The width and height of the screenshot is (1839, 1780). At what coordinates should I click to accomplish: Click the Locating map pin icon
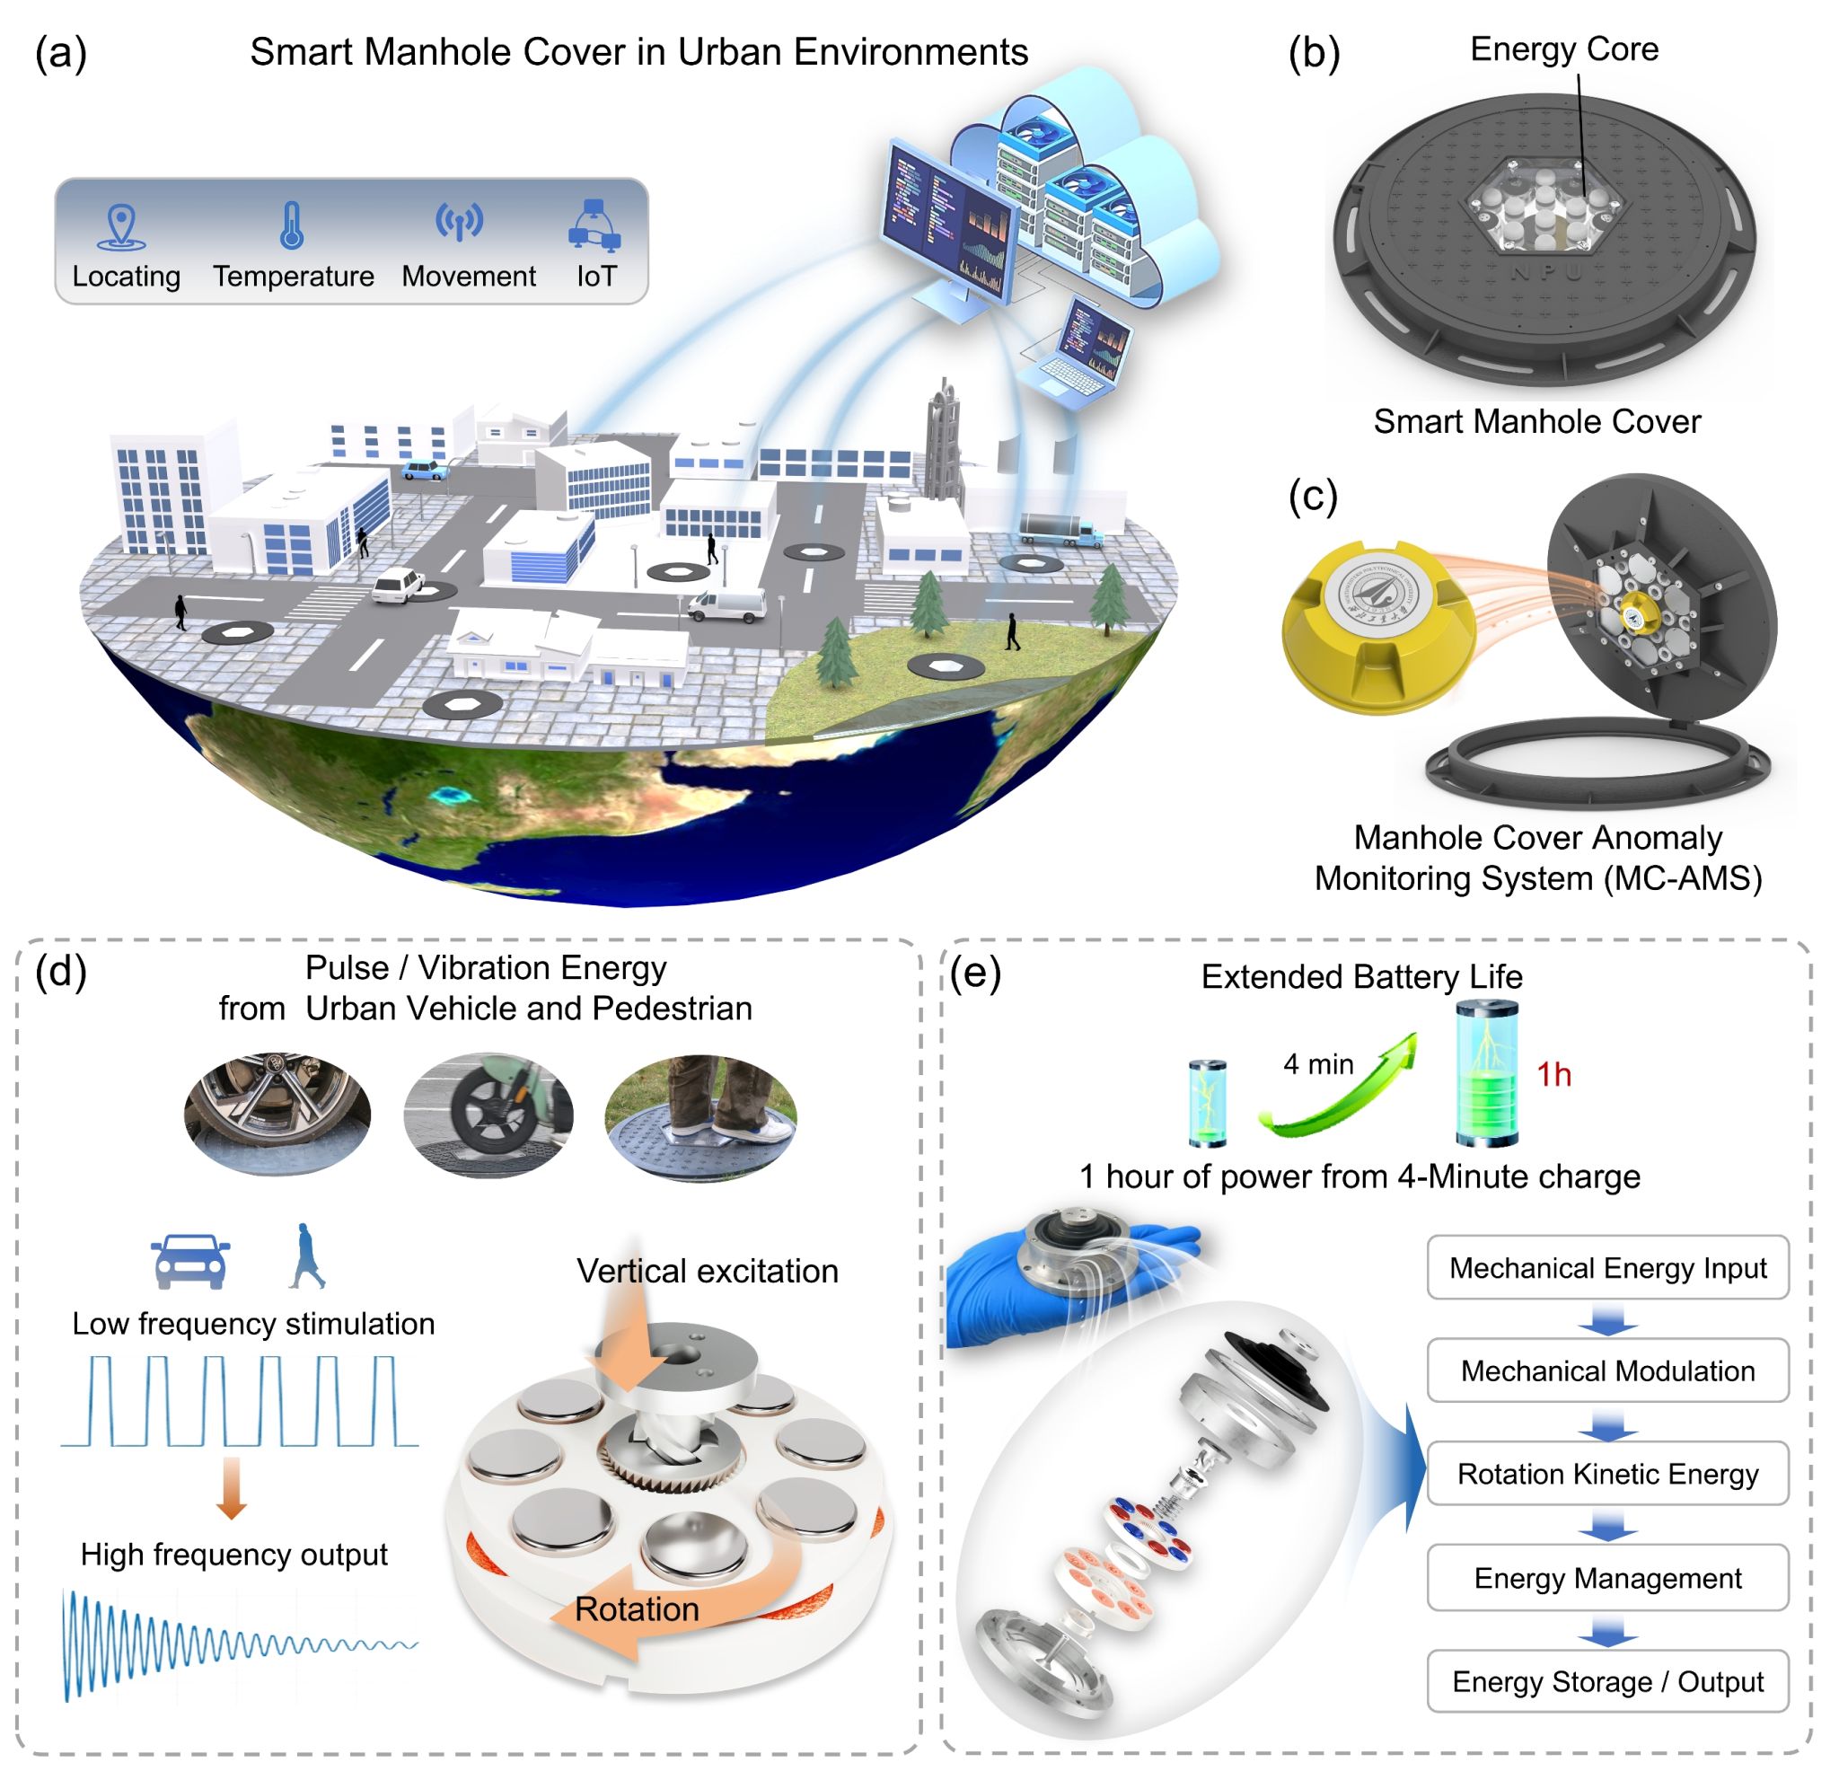pyautogui.click(x=122, y=228)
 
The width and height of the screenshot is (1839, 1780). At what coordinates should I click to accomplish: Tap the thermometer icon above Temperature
pyautogui.click(x=293, y=226)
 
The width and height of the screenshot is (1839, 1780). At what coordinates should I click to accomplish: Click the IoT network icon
pyautogui.click(x=594, y=226)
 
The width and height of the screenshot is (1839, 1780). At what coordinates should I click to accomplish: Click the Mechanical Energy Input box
pyautogui.click(x=1608, y=1268)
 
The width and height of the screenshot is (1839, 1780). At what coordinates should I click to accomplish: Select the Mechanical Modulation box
pyautogui.click(x=1608, y=1370)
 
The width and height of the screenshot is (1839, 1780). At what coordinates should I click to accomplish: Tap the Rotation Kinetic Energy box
pyautogui.click(x=1608, y=1474)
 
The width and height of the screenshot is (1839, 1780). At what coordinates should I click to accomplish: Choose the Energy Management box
pyautogui.click(x=1608, y=1578)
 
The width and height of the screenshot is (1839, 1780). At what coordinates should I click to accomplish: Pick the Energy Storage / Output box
pyautogui.click(x=1608, y=1681)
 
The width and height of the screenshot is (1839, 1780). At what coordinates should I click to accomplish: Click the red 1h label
pyautogui.click(x=1553, y=1074)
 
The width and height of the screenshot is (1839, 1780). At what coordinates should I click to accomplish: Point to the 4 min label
pyautogui.click(x=1318, y=1064)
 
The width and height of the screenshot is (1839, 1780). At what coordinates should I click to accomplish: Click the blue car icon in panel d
pyautogui.click(x=190, y=1261)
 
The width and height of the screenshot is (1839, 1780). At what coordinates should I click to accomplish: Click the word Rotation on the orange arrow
pyautogui.click(x=637, y=1609)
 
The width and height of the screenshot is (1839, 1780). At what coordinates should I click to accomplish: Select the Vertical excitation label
pyautogui.click(x=708, y=1271)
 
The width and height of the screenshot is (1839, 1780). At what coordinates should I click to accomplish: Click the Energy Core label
pyautogui.click(x=1564, y=48)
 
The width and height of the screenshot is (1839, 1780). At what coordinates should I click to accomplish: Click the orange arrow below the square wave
pyautogui.click(x=231, y=1488)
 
